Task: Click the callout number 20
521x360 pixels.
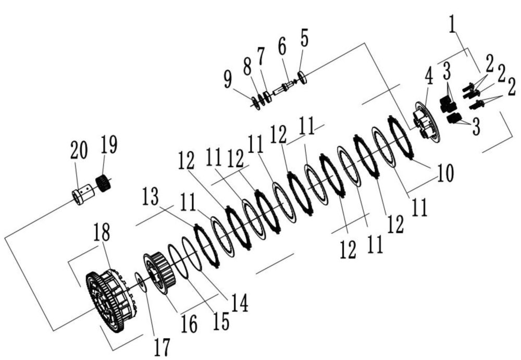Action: [79, 150]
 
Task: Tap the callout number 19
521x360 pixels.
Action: [109, 145]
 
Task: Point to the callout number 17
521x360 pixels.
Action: [162, 346]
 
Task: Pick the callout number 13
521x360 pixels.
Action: [150, 196]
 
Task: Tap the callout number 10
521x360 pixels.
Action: [445, 173]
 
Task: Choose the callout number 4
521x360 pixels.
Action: [429, 77]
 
